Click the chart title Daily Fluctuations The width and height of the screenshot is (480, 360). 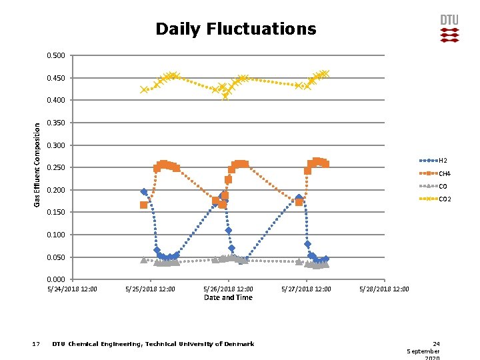pos(235,29)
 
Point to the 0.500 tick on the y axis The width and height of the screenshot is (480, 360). pos(56,55)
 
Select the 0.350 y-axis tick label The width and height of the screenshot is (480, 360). pos(56,123)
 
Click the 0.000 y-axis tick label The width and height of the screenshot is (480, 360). pos(56,279)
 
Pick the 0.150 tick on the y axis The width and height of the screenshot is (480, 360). pos(56,213)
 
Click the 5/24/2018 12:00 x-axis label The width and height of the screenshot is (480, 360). pos(72,289)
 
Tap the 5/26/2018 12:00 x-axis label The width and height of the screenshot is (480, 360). pos(228,289)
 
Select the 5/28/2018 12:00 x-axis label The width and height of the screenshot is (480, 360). pos(384,289)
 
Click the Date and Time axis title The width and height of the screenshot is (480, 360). pos(228,297)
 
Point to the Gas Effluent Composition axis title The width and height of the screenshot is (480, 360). pos(38,163)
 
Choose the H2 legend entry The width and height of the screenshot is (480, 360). pos(443,161)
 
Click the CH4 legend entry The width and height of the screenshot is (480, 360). pos(444,173)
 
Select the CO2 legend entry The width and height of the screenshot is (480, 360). pos(445,199)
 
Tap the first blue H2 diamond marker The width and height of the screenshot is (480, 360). pos(144,192)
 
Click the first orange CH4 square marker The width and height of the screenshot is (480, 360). pos(144,205)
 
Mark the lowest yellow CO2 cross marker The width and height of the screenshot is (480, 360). pos(226,96)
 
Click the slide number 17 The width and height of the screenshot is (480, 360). pos(37,344)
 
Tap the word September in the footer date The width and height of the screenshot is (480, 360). pos(423,351)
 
